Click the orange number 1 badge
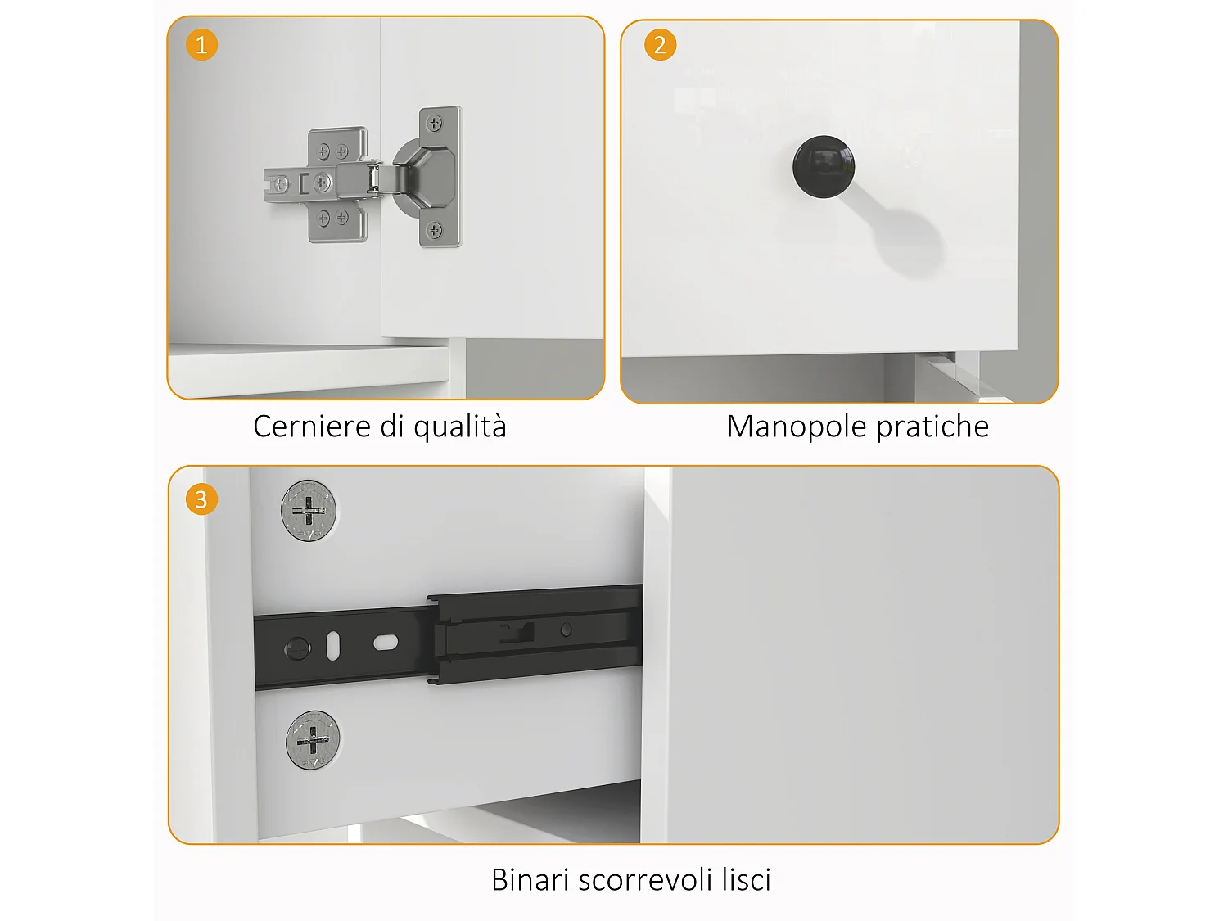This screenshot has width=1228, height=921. click(201, 44)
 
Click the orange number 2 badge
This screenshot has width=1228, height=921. click(660, 44)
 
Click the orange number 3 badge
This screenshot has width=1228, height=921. click(201, 499)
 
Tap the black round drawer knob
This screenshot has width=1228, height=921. click(823, 166)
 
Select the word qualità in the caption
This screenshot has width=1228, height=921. click(459, 427)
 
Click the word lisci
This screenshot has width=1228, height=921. click(746, 880)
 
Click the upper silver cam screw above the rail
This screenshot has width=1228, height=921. click(309, 510)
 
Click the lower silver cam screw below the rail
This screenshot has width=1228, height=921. click(313, 741)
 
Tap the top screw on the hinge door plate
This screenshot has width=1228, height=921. click(435, 124)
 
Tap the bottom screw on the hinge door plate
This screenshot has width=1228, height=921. click(435, 230)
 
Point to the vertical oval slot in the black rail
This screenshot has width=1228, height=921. click(333, 646)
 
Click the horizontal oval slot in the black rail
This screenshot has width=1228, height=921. click(386, 643)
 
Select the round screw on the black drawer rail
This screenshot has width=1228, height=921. click(297, 649)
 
